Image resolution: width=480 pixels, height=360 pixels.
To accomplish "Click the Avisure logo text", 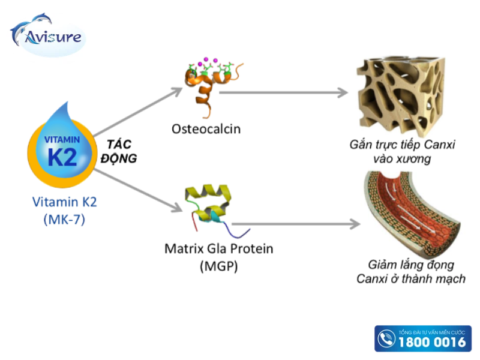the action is point(53,37).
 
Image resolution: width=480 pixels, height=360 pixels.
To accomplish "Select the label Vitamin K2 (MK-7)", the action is point(64,211).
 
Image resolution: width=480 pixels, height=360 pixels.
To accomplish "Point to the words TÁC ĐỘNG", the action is point(119,151).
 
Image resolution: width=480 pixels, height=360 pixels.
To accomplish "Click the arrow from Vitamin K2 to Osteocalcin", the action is point(138,112).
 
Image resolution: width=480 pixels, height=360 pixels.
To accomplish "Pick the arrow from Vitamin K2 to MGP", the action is point(139,190).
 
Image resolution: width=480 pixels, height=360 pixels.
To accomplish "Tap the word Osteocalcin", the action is point(206,129).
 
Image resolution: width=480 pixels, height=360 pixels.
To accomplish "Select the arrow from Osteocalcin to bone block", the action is point(284,92).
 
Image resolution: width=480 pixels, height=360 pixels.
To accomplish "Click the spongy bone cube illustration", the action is point(401,95).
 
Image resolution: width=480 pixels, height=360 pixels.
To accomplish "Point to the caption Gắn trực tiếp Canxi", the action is point(402,145).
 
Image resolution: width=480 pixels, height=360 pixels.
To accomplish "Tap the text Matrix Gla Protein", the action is point(219,248).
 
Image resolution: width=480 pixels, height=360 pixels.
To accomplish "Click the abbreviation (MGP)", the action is point(218,266).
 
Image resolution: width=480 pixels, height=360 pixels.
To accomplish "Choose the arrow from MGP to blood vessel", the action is point(296,224).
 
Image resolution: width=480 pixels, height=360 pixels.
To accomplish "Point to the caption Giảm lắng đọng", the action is point(411,265).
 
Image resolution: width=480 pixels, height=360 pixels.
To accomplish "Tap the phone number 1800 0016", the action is point(432,341).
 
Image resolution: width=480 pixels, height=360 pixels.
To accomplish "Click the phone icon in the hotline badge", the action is point(386,338).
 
